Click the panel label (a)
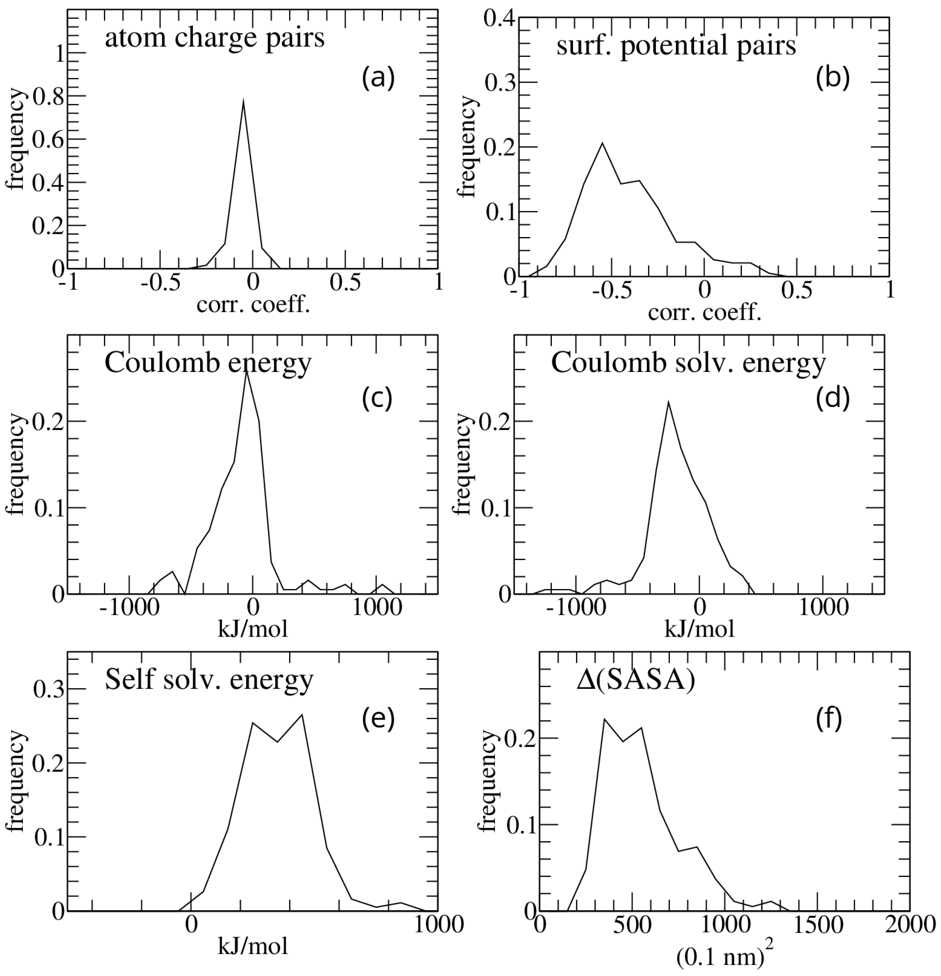click(378, 78)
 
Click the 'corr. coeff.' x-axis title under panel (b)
click(704, 313)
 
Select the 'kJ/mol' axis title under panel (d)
click(699, 629)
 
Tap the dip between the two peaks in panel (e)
click(277, 742)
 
